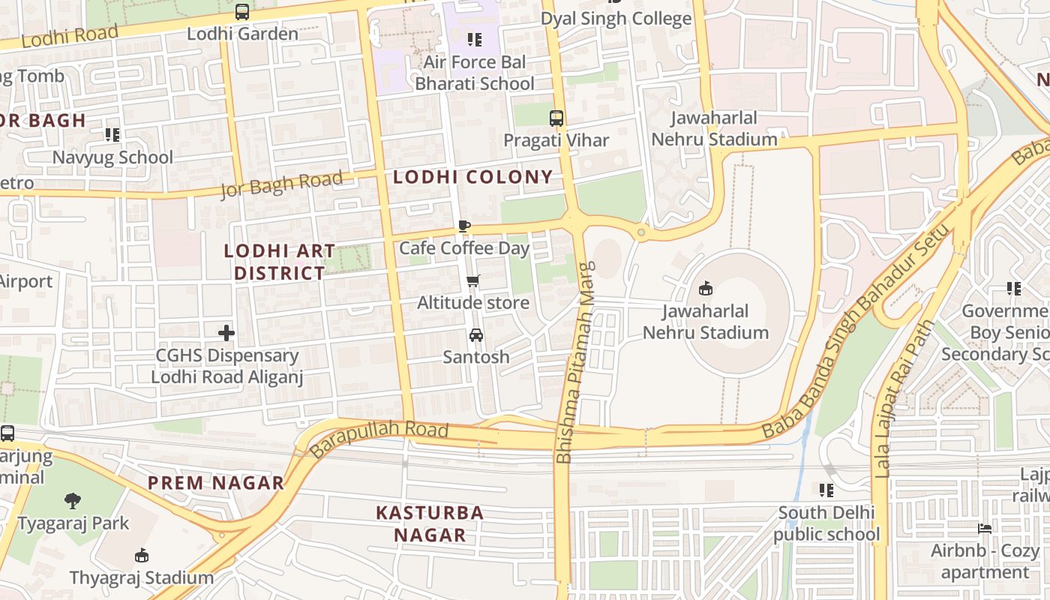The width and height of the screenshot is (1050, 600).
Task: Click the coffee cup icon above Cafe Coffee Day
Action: point(464,226)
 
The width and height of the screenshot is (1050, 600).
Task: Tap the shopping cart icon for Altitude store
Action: point(472,281)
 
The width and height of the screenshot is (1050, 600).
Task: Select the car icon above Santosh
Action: point(475,335)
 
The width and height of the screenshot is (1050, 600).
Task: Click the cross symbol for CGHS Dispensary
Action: point(226,333)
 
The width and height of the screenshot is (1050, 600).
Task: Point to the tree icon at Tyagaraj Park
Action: point(73,501)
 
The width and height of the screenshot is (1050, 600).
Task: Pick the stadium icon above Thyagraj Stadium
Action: point(141,556)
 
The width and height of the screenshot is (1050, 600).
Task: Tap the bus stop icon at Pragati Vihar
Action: point(556,118)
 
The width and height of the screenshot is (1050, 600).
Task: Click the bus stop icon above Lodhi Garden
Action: point(241,12)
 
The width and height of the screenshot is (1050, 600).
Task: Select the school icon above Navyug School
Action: point(112,135)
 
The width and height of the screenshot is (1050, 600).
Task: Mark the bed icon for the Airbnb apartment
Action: point(985,529)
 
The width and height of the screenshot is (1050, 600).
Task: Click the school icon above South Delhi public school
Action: point(826,490)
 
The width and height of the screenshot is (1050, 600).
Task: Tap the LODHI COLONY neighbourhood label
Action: point(472,177)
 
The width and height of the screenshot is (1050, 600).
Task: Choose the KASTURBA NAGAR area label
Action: point(430,523)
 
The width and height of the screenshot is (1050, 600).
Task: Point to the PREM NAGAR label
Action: point(216,483)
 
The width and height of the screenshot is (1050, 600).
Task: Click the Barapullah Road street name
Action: point(379,439)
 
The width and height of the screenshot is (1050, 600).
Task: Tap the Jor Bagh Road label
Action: point(281,184)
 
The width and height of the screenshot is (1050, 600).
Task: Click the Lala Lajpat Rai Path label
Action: point(902,399)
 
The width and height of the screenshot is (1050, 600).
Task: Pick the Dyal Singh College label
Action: point(616,19)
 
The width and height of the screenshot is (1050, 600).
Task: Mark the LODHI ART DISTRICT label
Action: point(279,262)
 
